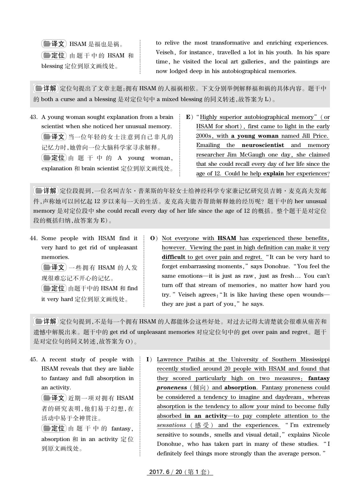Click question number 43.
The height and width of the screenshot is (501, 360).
[34, 117]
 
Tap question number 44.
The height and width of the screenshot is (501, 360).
[34, 238]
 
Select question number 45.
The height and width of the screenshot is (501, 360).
[34, 359]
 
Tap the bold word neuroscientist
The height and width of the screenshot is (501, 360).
[263, 145]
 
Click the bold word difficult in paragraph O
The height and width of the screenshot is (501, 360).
[173, 257]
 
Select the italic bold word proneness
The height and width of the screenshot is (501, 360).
[172, 387]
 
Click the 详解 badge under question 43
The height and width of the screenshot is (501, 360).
[45, 191]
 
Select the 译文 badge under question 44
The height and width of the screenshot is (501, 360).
[54, 267]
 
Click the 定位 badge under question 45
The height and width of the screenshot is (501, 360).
[54, 428]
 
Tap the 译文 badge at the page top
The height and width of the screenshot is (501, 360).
[54, 44]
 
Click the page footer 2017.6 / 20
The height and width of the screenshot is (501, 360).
[180, 472]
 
